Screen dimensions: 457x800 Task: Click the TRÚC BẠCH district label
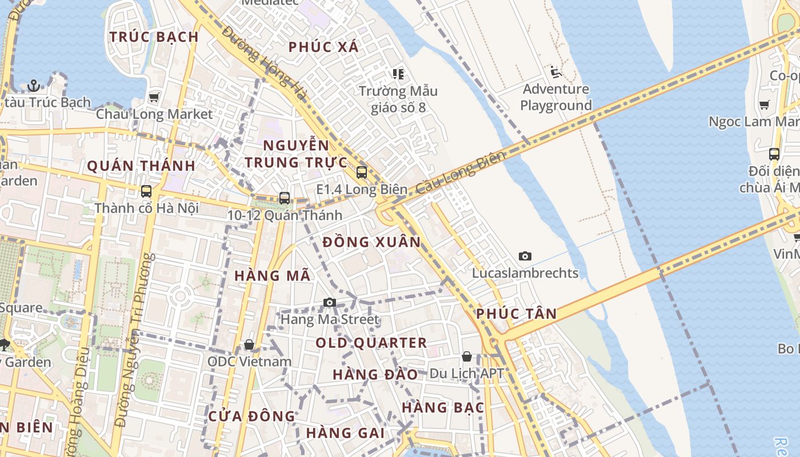[x=154, y=37]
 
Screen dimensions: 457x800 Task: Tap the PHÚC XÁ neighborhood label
[x=323, y=47]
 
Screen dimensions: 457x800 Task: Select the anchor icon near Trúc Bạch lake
[x=34, y=86]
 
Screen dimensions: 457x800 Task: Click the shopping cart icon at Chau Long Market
[x=154, y=97]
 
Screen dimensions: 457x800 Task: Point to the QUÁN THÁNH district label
[x=141, y=166]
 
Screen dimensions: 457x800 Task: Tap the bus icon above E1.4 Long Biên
[x=361, y=172]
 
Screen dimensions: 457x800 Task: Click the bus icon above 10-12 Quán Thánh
[x=285, y=198]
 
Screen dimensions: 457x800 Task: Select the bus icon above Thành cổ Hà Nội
[x=146, y=191]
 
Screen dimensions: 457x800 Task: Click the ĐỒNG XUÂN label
[x=371, y=242]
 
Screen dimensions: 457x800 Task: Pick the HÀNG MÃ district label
[x=273, y=276]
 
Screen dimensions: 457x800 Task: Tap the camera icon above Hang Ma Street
[x=330, y=302]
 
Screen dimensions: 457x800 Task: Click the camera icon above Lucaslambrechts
[x=525, y=256]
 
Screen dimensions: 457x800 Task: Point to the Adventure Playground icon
[x=555, y=72]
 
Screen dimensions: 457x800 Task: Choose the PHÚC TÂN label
[x=516, y=314]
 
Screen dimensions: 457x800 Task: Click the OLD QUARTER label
[x=371, y=343]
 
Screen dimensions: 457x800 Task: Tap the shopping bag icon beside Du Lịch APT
[x=467, y=356]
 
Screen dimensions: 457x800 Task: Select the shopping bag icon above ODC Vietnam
[x=249, y=344]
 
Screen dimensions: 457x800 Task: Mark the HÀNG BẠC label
[x=443, y=408]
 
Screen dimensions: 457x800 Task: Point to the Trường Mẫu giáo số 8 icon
[x=398, y=74]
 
